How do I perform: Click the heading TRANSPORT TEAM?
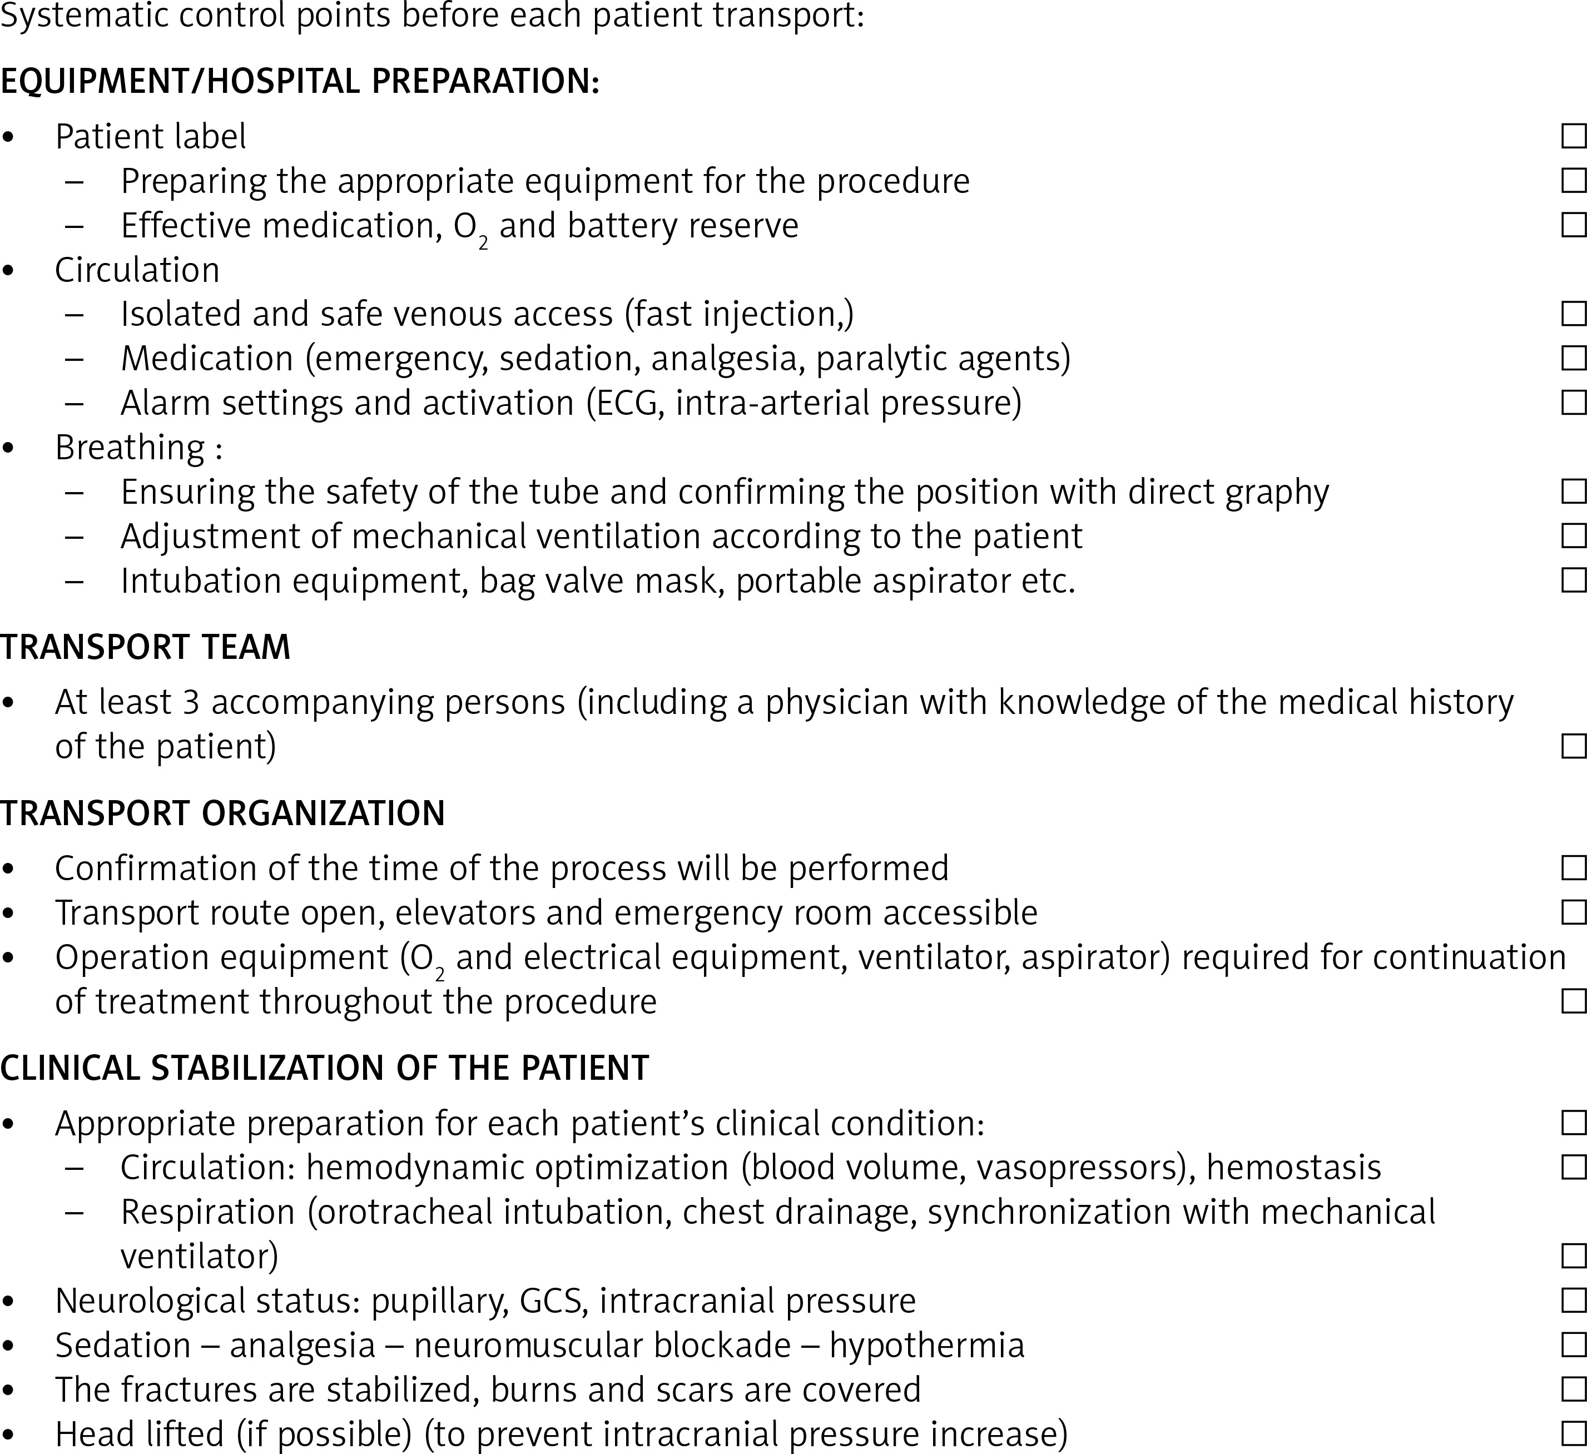point(146,647)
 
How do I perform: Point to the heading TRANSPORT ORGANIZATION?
point(223,813)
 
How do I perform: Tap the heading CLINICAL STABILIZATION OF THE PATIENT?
point(324,1068)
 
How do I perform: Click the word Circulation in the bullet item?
point(137,270)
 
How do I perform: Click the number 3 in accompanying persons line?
point(191,702)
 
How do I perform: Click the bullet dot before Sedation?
point(9,1346)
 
